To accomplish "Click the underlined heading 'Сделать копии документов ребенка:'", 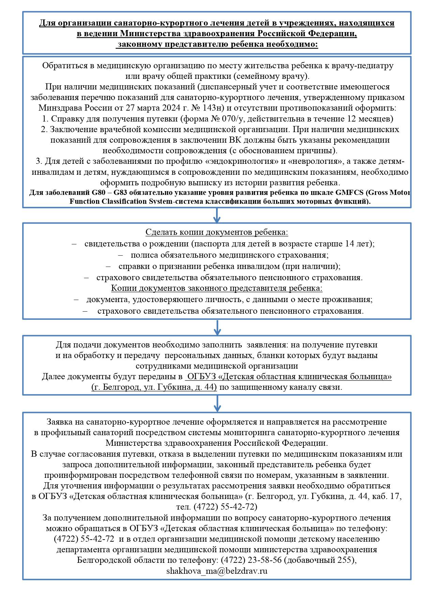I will (x=217, y=232).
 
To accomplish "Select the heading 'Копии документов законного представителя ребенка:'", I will (x=217, y=288).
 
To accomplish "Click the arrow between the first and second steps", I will (x=217, y=216).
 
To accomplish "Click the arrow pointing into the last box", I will (x=217, y=404).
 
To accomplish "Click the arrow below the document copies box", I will (x=217, y=327).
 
